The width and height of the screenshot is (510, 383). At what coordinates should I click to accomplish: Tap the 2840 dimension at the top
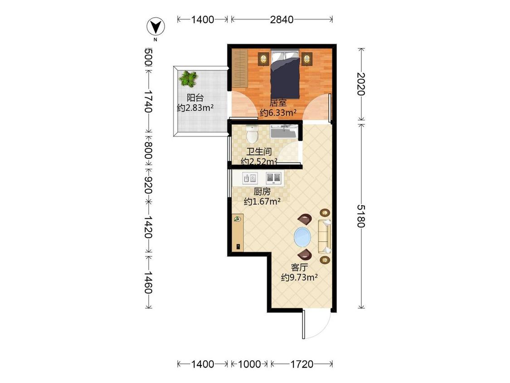[282, 20]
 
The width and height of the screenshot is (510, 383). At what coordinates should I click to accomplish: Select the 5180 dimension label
[361, 216]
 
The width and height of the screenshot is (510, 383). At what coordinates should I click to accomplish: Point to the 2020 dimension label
[361, 84]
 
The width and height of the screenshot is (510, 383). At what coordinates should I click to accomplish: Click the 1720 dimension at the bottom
[301, 364]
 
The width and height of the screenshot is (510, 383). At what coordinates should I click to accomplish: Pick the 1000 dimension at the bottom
[249, 364]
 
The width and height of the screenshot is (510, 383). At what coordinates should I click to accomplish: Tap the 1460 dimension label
[148, 282]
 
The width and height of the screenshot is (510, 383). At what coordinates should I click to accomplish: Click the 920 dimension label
[148, 185]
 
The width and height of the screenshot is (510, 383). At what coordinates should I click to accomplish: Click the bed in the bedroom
[285, 74]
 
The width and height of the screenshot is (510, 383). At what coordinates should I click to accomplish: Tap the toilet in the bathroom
[252, 134]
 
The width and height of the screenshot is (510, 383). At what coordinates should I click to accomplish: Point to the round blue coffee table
[302, 236]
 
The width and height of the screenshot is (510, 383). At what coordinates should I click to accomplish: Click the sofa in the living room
[324, 236]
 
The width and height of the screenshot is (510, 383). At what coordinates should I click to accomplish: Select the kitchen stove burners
[273, 177]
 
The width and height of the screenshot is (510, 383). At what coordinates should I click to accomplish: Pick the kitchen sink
[250, 178]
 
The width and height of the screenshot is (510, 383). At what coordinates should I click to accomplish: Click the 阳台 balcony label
[195, 98]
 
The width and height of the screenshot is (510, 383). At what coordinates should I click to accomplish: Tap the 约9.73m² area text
[299, 277]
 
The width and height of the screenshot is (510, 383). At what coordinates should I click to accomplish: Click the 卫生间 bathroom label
[259, 152]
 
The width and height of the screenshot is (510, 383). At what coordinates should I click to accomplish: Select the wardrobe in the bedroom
[240, 69]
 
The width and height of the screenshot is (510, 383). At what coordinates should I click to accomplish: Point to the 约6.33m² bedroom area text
[278, 113]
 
